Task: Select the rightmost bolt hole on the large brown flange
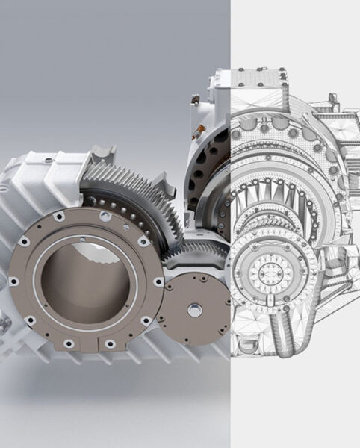pyautogui.click(x=158, y=281)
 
